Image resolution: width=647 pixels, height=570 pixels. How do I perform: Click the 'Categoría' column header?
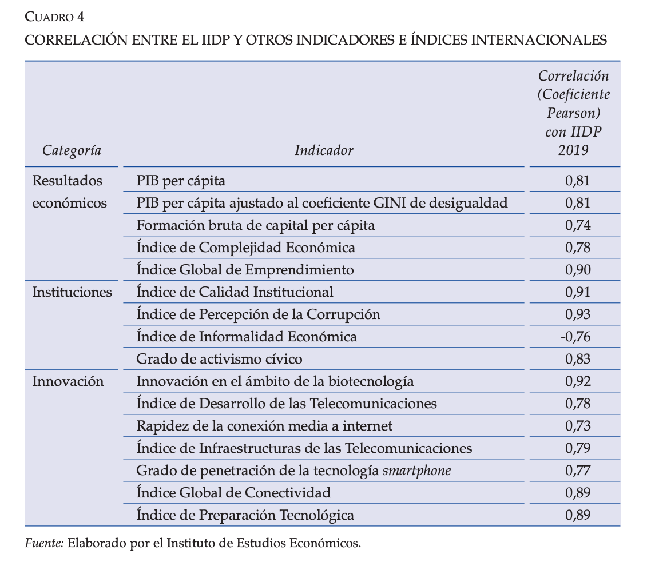click(x=72, y=150)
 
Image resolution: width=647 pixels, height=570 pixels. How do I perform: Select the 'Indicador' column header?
click(x=324, y=150)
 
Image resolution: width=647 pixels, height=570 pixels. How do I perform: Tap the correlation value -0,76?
click(x=575, y=337)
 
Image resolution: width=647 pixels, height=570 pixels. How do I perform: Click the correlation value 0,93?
click(x=577, y=314)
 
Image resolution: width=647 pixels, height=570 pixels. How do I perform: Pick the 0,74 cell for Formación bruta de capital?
click(x=577, y=225)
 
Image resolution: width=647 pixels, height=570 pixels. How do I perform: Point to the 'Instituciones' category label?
click(x=72, y=292)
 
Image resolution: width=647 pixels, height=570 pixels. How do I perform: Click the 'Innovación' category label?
click(x=68, y=381)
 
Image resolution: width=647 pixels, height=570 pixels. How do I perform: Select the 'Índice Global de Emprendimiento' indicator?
click(x=245, y=270)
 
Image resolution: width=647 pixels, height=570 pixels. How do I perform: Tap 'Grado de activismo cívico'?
click(x=219, y=359)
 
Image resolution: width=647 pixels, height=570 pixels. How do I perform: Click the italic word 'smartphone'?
click(x=416, y=471)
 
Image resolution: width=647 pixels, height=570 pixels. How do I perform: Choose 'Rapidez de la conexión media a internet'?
click(x=264, y=426)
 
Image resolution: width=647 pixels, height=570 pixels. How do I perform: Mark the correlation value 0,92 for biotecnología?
click(x=577, y=381)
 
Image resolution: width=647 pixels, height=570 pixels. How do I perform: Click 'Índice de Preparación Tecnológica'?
click(x=245, y=515)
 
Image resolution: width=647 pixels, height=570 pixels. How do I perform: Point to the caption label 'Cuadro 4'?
click(x=55, y=17)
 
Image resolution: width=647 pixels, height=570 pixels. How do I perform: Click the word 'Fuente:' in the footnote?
click(x=44, y=543)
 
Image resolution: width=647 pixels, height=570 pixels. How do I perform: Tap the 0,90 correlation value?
click(x=577, y=270)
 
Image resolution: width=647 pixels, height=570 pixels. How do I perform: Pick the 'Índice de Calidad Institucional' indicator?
click(x=235, y=292)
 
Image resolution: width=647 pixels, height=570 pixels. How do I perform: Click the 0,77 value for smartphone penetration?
click(x=577, y=471)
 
